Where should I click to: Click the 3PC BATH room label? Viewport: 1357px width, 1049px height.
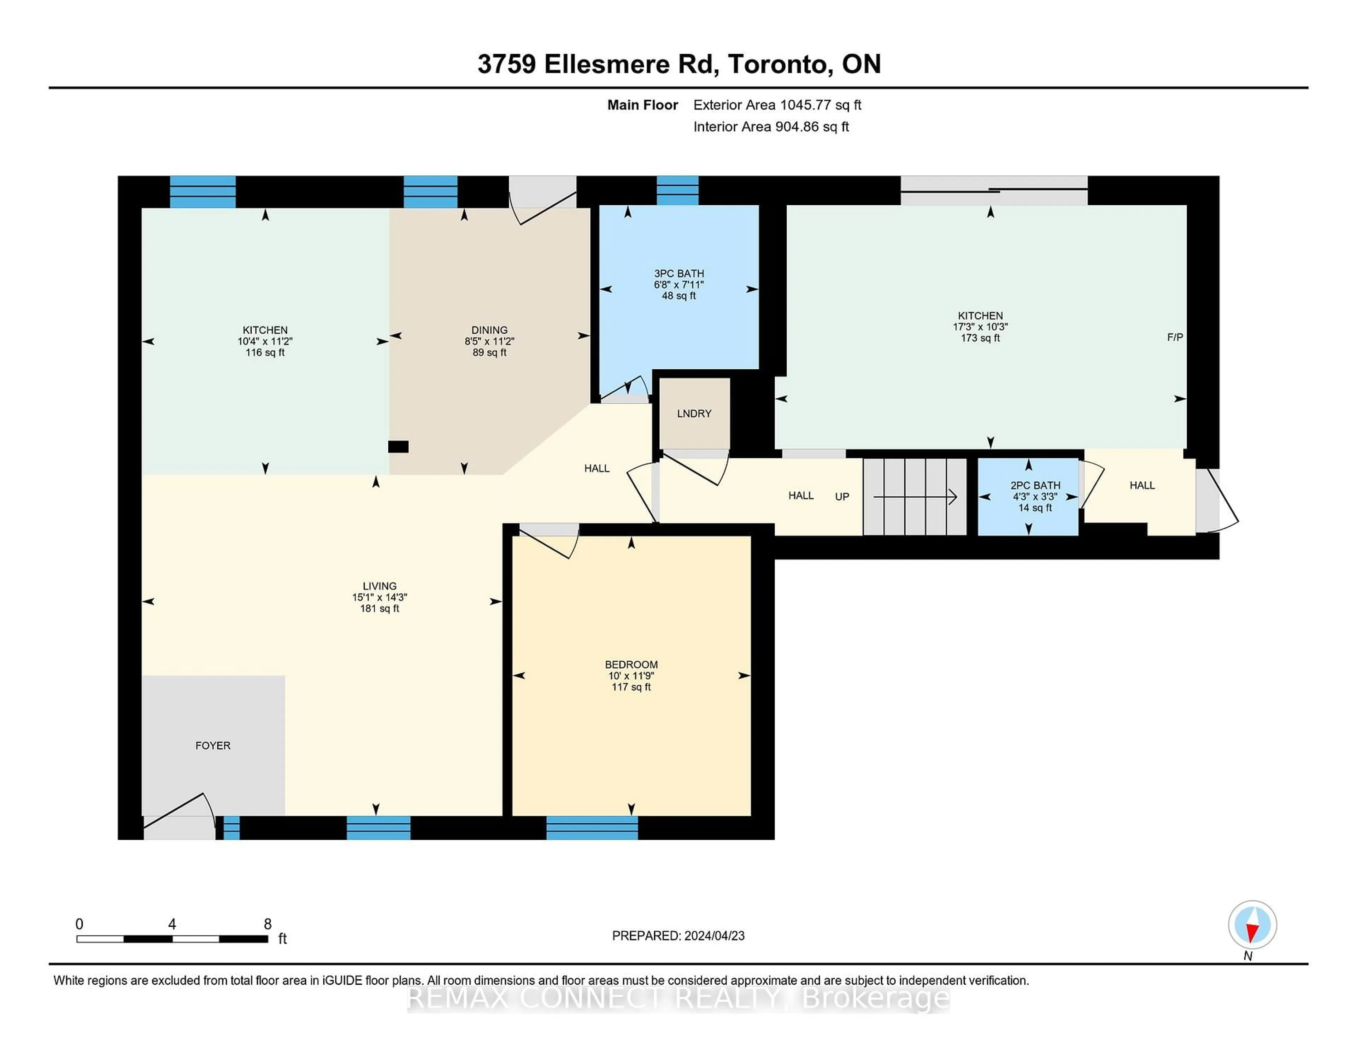(678, 274)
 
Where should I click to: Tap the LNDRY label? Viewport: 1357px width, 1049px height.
(694, 413)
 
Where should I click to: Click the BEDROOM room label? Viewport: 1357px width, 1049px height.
(631, 664)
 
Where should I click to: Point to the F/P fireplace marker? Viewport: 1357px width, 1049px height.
(1174, 337)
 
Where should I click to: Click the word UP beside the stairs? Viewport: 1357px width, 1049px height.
(842, 497)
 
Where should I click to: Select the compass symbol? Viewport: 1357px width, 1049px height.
(1252, 924)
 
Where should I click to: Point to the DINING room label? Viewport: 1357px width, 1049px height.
(489, 330)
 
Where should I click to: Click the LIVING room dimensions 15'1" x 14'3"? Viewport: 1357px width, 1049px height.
(379, 597)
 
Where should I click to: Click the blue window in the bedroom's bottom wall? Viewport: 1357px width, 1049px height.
(592, 828)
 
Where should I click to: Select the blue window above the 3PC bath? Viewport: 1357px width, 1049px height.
(677, 190)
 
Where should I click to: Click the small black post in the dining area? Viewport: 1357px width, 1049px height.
(398, 446)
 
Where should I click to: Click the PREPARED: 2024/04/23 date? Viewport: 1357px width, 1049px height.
(678, 935)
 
